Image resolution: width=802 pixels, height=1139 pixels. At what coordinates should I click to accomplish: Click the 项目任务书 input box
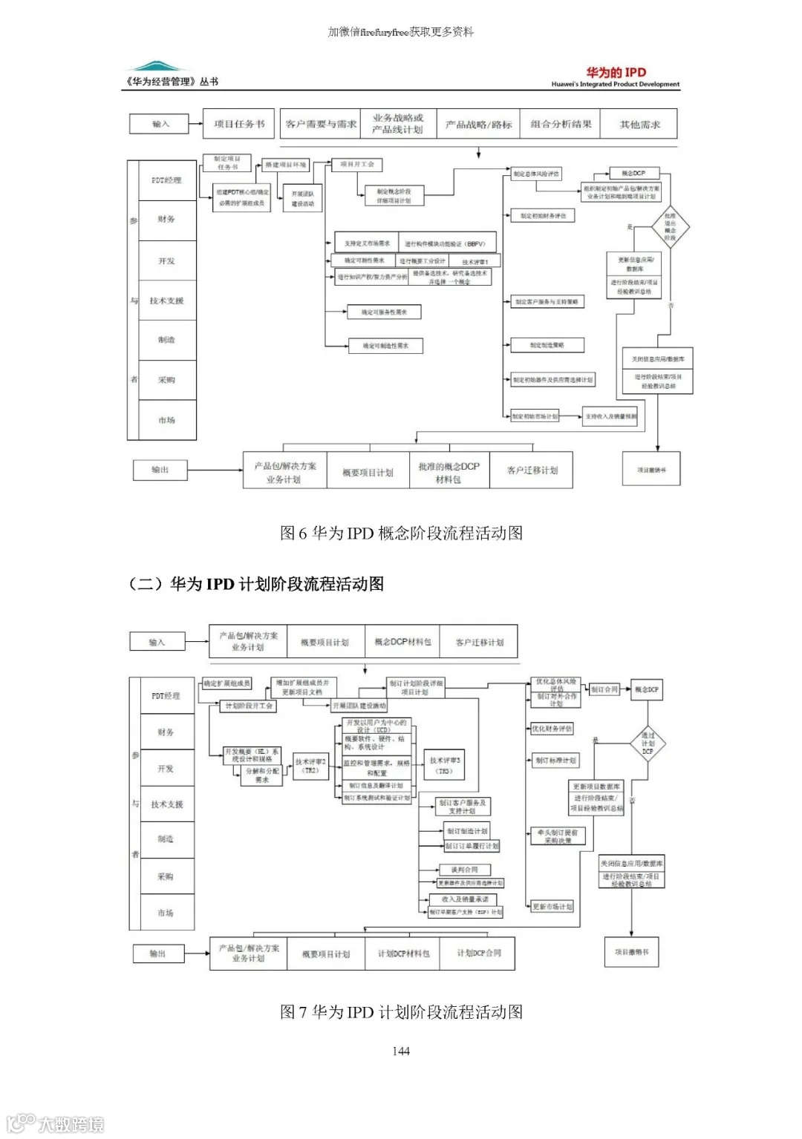point(239,124)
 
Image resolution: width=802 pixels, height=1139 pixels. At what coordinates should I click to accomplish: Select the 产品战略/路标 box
point(479,124)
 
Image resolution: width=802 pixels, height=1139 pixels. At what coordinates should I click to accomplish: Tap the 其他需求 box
point(639,124)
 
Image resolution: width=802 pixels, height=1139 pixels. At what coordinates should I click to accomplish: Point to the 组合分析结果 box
point(561,124)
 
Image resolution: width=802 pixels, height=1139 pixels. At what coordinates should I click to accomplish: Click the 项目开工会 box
point(357,164)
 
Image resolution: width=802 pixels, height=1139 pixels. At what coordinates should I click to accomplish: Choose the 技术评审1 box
point(475,261)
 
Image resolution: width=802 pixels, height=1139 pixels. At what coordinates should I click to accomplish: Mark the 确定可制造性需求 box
point(385,346)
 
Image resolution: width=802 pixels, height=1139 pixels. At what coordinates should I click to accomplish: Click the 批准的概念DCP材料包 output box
point(449,472)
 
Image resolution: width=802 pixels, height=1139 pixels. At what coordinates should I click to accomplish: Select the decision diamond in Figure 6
point(670,226)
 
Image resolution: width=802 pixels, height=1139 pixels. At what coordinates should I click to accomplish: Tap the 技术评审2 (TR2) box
point(310,766)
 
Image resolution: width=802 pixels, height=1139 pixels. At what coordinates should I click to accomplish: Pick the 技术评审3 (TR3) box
point(445,765)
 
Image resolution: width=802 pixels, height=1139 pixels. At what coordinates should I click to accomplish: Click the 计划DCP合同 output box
point(478,953)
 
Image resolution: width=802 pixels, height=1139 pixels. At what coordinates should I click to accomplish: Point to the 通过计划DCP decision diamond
point(648,743)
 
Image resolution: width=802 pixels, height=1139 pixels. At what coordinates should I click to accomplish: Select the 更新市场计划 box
point(552,906)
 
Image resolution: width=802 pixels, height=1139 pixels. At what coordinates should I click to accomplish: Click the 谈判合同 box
point(465,870)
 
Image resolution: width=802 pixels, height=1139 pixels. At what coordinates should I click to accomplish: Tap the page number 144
point(401,1051)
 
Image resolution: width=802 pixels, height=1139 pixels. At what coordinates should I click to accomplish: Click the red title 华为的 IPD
point(616,72)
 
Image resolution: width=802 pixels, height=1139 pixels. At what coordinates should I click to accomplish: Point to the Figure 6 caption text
point(401,533)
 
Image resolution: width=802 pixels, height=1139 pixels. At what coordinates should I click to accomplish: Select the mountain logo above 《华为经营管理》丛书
point(154,66)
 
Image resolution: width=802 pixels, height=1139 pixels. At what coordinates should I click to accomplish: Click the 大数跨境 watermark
point(56,1123)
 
